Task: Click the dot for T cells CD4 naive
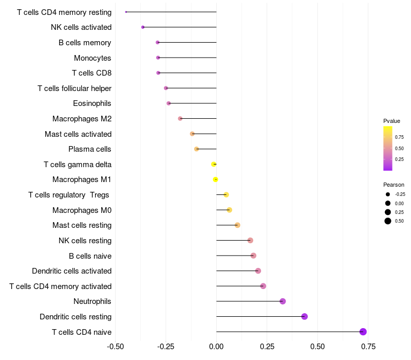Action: (363, 332)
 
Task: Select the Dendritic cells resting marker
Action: (304, 316)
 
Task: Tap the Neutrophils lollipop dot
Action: (283, 301)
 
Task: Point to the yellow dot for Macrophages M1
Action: (216, 179)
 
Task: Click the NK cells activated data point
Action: (143, 27)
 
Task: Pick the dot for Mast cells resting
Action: (237, 225)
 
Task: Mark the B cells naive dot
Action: (253, 256)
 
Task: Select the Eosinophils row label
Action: (92, 103)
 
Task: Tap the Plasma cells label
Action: (90, 149)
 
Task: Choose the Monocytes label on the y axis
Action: (92, 58)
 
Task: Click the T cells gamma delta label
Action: (78, 165)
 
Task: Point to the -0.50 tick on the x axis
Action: (116, 347)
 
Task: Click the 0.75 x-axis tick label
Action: (368, 347)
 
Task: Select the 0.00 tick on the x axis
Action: (216, 347)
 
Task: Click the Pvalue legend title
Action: (391, 121)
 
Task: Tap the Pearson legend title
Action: (394, 185)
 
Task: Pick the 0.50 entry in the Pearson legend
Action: (388, 221)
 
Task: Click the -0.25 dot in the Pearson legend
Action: (388, 194)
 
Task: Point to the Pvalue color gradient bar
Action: (388, 148)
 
